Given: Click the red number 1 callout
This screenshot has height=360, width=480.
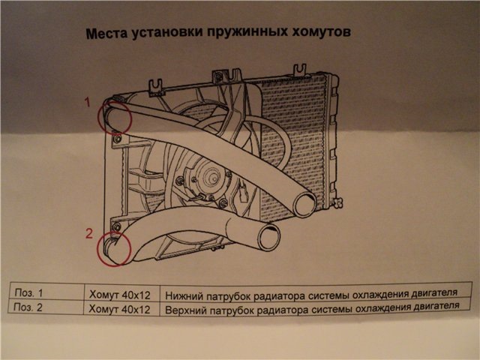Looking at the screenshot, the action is pos(87,100).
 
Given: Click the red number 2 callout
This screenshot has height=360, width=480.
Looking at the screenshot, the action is pos(88,233).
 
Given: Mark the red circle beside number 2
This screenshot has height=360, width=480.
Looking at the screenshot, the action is pos(115,249).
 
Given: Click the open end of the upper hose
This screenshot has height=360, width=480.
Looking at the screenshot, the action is pos(306,203).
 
